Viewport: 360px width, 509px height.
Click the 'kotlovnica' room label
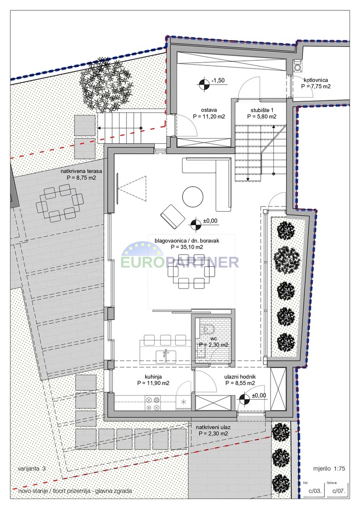[316, 80]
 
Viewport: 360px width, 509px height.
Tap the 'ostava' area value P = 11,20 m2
[209, 116]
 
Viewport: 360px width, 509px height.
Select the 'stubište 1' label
[262, 110]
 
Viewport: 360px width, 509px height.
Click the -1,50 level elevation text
[218, 81]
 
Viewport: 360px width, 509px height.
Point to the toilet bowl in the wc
[208, 329]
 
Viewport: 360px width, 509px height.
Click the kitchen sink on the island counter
[166, 356]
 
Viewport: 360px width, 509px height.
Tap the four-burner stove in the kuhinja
[153, 403]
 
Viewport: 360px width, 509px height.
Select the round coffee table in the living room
[193, 197]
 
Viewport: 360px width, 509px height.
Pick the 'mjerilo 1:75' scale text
[329, 468]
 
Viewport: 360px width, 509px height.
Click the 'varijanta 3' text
[32, 468]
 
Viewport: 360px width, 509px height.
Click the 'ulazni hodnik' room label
[240, 377]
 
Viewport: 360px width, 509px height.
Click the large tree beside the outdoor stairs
[106, 85]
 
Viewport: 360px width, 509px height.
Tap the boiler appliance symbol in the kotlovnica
[297, 66]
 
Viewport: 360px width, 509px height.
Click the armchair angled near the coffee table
[172, 216]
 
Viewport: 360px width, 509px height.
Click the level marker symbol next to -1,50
[203, 84]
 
